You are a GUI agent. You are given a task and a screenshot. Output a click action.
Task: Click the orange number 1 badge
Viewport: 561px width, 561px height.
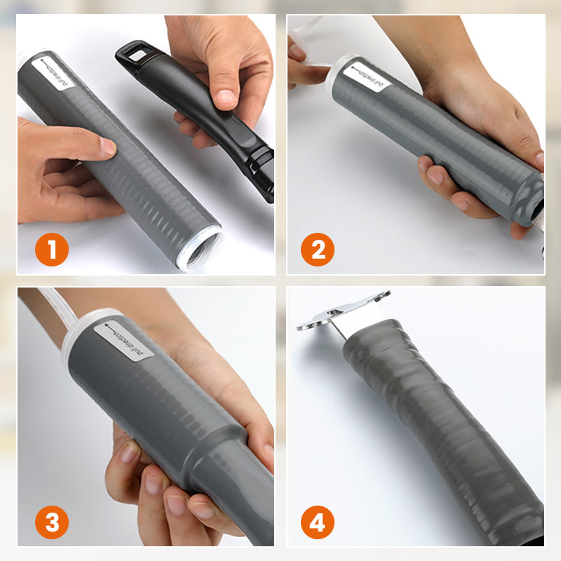click(52, 250)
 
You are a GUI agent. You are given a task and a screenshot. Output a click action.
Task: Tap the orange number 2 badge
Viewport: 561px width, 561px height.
click(318, 250)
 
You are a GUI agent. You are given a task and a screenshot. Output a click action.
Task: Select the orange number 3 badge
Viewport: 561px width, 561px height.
click(52, 522)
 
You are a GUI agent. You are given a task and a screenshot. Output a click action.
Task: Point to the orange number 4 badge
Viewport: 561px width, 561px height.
click(318, 522)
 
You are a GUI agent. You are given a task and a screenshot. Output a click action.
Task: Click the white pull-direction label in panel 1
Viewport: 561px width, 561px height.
click(53, 74)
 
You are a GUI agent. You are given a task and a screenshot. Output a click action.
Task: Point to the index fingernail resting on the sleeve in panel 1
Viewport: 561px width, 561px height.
click(107, 147)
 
